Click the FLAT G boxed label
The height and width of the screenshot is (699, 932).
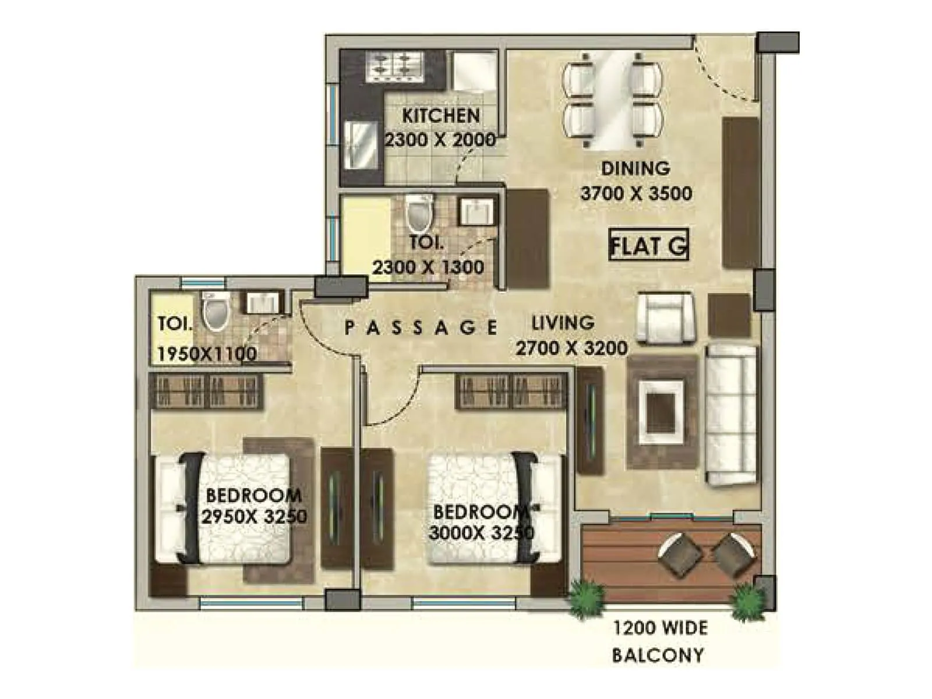click(x=648, y=245)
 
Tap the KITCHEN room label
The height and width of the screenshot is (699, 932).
click(x=440, y=115)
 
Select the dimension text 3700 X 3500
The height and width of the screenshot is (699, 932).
click(x=636, y=193)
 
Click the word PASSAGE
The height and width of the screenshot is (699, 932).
click(x=421, y=327)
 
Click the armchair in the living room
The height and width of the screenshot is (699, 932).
click(x=665, y=318)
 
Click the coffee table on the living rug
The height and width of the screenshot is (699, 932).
click(x=661, y=407)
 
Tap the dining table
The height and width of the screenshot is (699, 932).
click(x=612, y=99)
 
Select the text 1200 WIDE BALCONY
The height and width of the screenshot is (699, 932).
click(x=659, y=641)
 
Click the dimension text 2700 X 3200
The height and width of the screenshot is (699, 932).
click(x=571, y=348)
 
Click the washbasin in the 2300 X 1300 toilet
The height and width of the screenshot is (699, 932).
click(x=478, y=211)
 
